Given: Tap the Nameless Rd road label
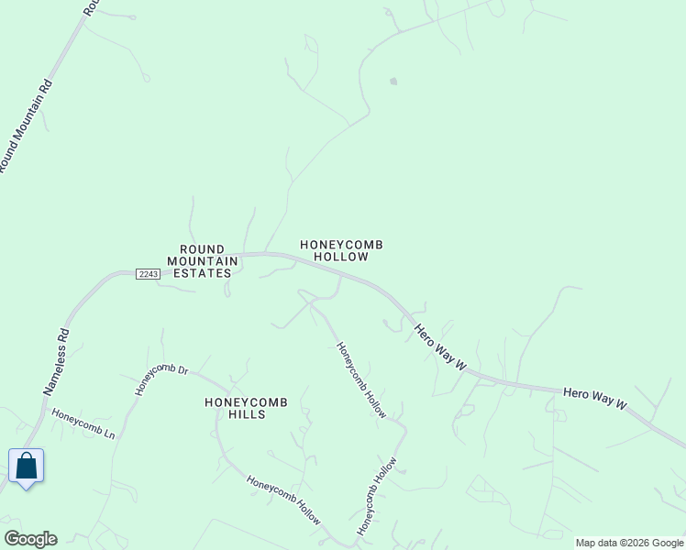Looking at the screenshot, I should pos(57,363).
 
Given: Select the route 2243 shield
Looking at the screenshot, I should pos(148,274).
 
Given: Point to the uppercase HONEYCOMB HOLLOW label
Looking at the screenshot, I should pos(341,251).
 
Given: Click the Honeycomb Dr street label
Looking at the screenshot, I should pos(161,380).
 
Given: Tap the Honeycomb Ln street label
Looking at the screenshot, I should pos(83,423).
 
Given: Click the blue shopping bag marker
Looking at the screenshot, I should pos(27,467).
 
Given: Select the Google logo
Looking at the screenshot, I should pos(30,539).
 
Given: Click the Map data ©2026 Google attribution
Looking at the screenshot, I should pos(629,543).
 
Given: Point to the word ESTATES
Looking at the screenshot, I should pos(203,273).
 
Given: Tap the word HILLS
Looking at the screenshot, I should pos(248,414).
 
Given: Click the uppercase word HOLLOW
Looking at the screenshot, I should pos(341,258).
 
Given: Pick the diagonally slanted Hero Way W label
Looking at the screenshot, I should pos(440,347).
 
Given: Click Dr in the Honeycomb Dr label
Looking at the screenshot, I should pos(182,370).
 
